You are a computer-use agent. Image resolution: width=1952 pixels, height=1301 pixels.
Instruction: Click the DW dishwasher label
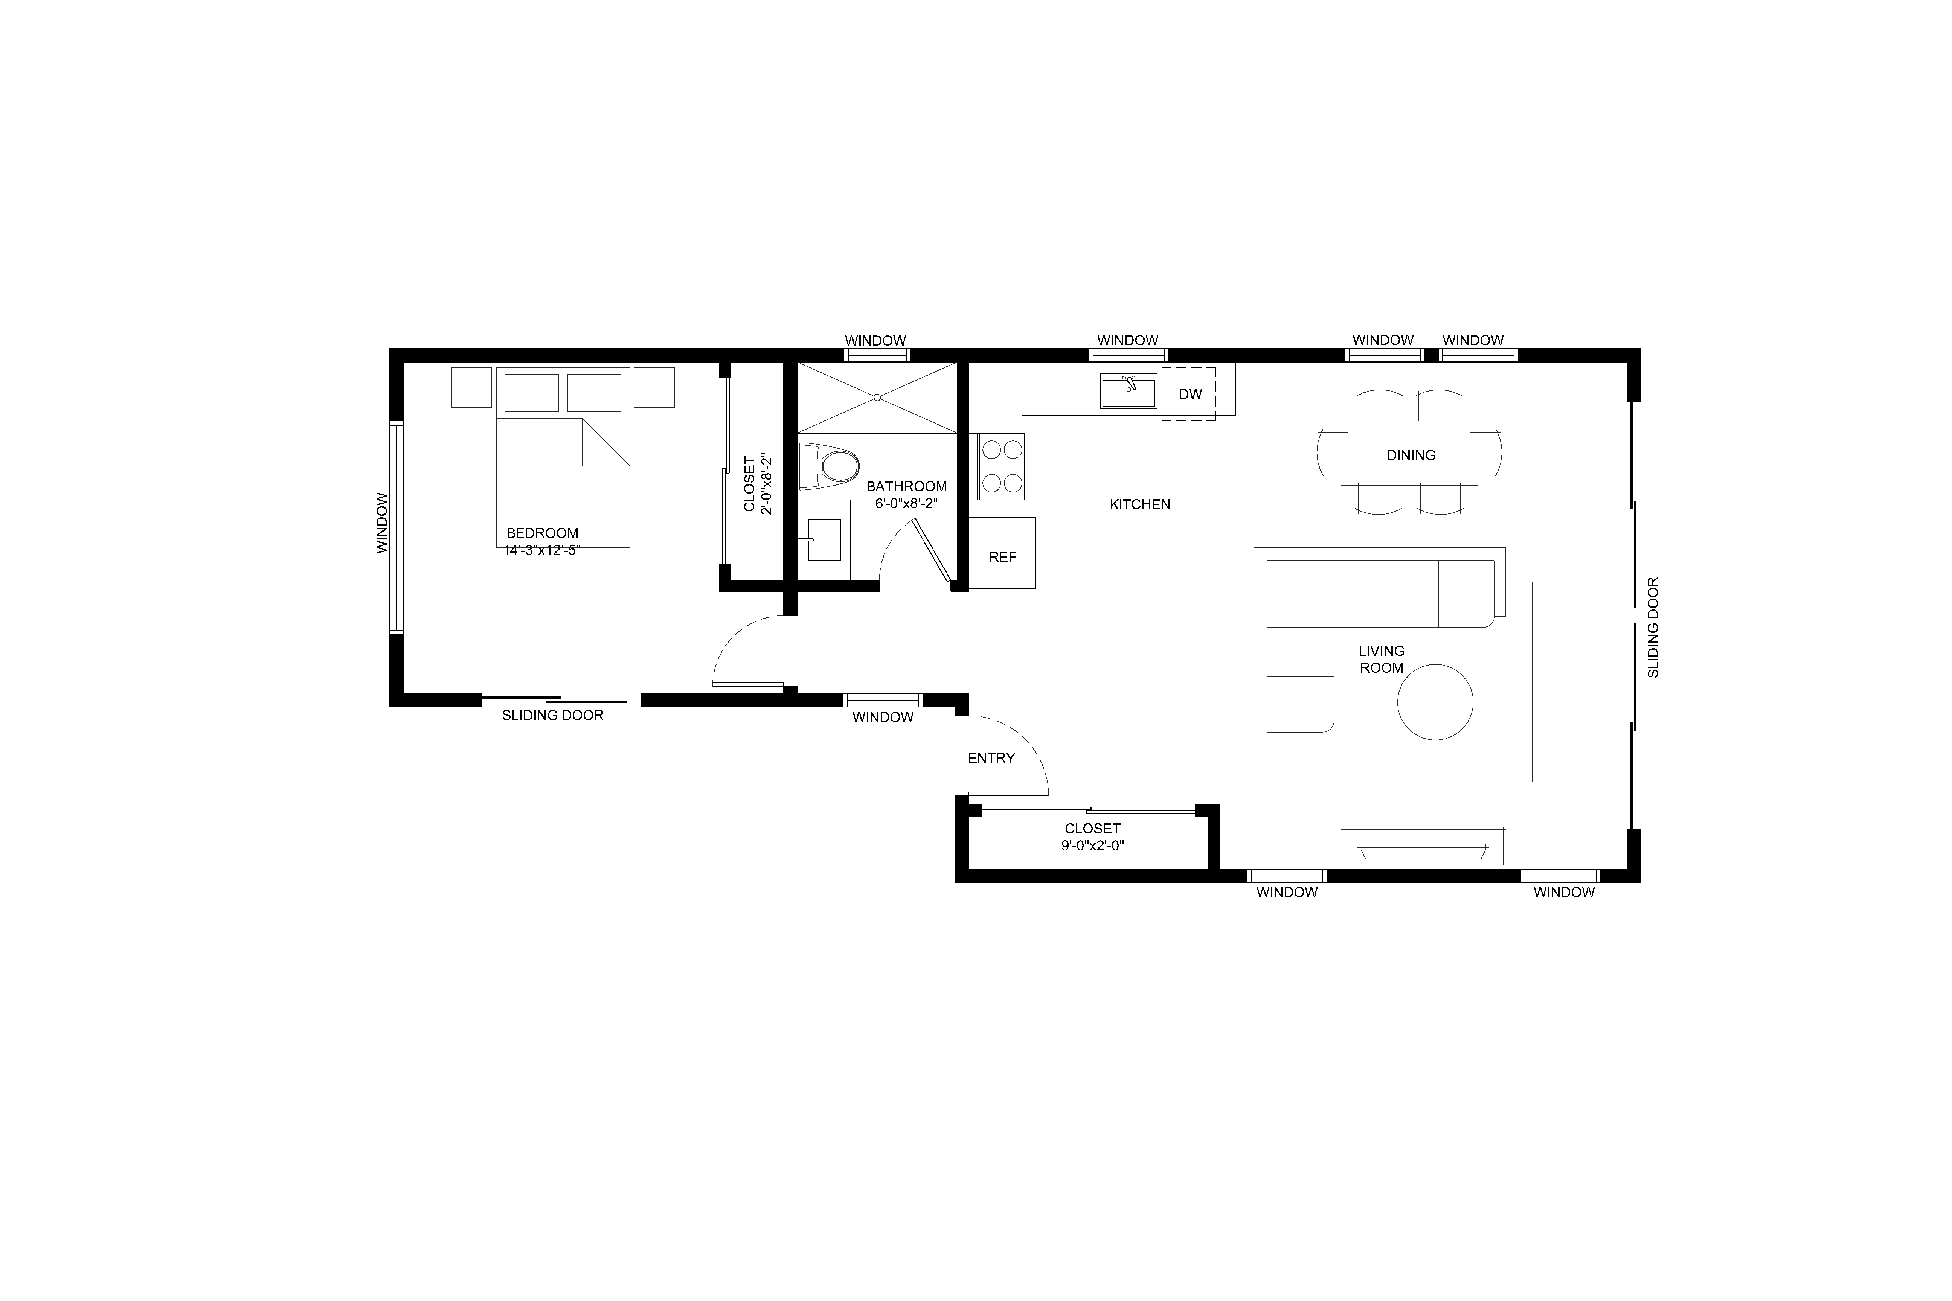pos(1190,394)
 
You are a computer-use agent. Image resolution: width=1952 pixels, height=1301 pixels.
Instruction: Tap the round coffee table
pos(1435,702)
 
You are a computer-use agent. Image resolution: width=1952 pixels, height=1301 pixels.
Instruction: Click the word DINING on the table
pos(1411,455)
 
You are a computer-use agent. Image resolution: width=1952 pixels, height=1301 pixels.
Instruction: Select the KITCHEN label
pos(1139,504)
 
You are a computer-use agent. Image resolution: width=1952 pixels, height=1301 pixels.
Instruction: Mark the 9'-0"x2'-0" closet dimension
pos(1092,845)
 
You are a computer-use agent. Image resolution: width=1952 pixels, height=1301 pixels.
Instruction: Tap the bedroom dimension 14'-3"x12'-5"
pos(542,549)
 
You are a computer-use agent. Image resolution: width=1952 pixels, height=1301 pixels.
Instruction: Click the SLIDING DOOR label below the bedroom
pos(553,715)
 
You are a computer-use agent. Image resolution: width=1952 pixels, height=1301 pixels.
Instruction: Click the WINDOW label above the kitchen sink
pos(1127,340)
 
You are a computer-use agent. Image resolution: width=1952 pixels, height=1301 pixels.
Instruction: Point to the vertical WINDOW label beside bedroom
pos(382,524)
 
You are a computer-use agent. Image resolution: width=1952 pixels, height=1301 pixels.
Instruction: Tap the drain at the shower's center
pos(877,398)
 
